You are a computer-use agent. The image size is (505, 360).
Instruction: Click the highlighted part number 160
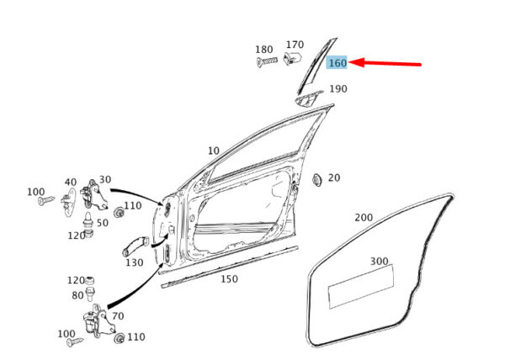coord(338,63)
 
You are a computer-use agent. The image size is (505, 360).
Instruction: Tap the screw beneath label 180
coord(267,61)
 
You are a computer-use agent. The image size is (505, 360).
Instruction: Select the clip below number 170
coord(292,58)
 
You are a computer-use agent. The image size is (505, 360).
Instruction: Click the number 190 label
coord(338,88)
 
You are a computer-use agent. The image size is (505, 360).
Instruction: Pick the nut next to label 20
coord(317,179)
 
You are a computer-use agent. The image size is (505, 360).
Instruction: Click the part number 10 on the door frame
coord(214,151)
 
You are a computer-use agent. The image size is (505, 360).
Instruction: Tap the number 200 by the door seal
coord(364,218)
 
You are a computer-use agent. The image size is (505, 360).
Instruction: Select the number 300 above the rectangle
coord(380,261)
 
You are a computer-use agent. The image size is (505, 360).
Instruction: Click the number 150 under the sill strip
coord(229,278)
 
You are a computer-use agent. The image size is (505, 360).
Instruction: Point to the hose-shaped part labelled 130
coord(136,246)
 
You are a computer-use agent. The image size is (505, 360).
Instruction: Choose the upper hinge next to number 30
coord(93,195)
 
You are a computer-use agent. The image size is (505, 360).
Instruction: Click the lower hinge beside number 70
coord(98,321)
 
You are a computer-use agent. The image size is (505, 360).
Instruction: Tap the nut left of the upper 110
coord(120,212)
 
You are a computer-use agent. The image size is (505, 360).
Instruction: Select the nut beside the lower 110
coord(120,338)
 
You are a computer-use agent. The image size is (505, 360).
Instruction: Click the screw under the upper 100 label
coord(46,201)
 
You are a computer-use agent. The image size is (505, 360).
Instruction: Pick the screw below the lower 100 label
coord(76,342)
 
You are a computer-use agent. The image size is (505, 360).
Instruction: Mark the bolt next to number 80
coord(90,294)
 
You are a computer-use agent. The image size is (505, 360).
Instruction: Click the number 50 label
coord(103,223)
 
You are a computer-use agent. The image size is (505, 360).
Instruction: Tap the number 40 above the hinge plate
coord(71,182)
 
